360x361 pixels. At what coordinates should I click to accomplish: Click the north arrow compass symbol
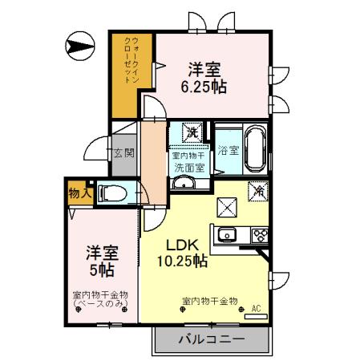[x=81, y=47]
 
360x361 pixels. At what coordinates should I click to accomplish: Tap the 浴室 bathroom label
[x=227, y=150]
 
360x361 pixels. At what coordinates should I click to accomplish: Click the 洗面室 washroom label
[x=190, y=168]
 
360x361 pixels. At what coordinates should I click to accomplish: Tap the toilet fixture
[x=112, y=193]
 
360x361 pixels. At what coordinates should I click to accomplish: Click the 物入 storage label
[x=78, y=193]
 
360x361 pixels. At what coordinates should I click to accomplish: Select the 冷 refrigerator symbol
[x=258, y=192]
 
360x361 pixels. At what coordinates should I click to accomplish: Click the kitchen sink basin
[x=226, y=235]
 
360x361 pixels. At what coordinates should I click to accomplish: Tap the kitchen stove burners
[x=261, y=235]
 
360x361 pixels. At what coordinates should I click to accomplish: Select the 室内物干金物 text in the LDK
[x=210, y=302]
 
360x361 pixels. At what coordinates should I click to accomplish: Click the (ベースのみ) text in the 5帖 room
[x=100, y=304]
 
